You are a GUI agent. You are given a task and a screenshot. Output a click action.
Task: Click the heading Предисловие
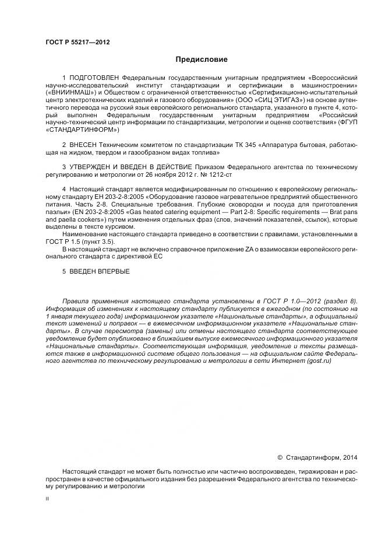coord(202,60)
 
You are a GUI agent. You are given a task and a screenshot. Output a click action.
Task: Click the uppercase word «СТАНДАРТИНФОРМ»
coord(82,129)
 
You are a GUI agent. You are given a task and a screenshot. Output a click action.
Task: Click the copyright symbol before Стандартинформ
coord(280,458)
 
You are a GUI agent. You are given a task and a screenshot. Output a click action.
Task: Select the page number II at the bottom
coord(47,499)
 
